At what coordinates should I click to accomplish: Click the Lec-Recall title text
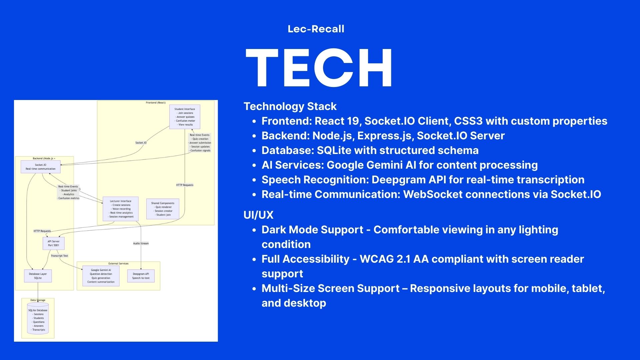316,29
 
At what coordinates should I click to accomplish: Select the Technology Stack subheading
290,106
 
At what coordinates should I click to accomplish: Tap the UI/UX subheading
258,215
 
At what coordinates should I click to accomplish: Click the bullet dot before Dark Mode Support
254,230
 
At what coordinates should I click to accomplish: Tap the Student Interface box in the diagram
185,117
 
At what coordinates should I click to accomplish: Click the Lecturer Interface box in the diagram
120,209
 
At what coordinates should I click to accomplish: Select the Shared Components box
163,209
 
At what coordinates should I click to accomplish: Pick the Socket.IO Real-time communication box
41,167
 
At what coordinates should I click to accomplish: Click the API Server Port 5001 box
53,243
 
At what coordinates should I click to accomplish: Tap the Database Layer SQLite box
38,276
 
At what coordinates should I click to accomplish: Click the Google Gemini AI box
101,276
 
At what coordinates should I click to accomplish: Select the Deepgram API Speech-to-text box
141,276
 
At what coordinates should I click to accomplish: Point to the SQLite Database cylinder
38,319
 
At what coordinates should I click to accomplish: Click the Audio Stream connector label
141,243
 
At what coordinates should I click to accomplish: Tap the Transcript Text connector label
59,256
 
